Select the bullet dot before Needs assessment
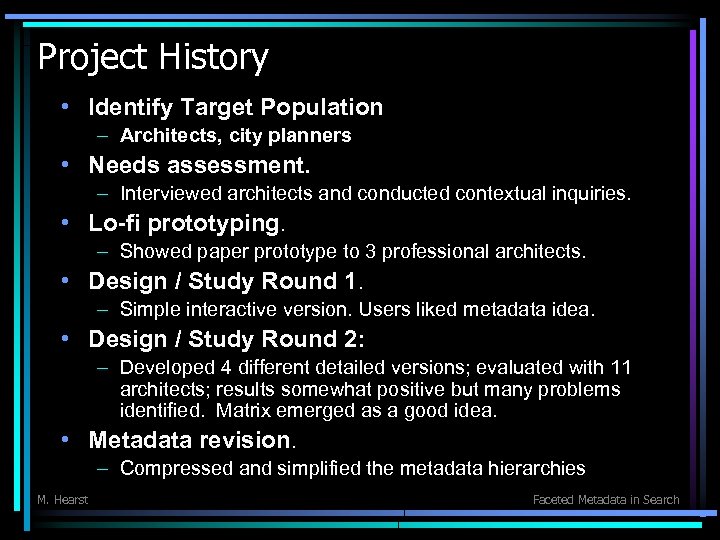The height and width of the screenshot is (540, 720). coord(64,163)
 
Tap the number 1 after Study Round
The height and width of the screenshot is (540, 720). coord(349,281)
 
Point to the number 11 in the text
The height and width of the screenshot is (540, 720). coord(621,369)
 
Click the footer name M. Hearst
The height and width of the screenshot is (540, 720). coord(62,500)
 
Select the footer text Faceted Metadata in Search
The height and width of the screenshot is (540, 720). coord(606,500)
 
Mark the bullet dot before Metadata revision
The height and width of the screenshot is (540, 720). coord(64,439)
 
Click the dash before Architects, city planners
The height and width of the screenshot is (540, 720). coord(103,135)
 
